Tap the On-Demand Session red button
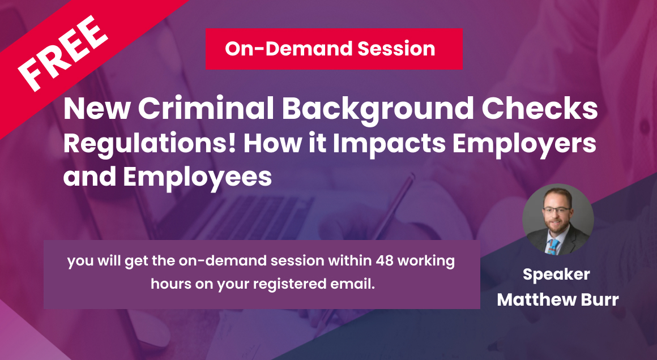(x=334, y=49)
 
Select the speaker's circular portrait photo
(x=558, y=220)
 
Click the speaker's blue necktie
(x=554, y=245)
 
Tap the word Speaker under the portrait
(x=556, y=275)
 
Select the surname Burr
(x=599, y=299)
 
